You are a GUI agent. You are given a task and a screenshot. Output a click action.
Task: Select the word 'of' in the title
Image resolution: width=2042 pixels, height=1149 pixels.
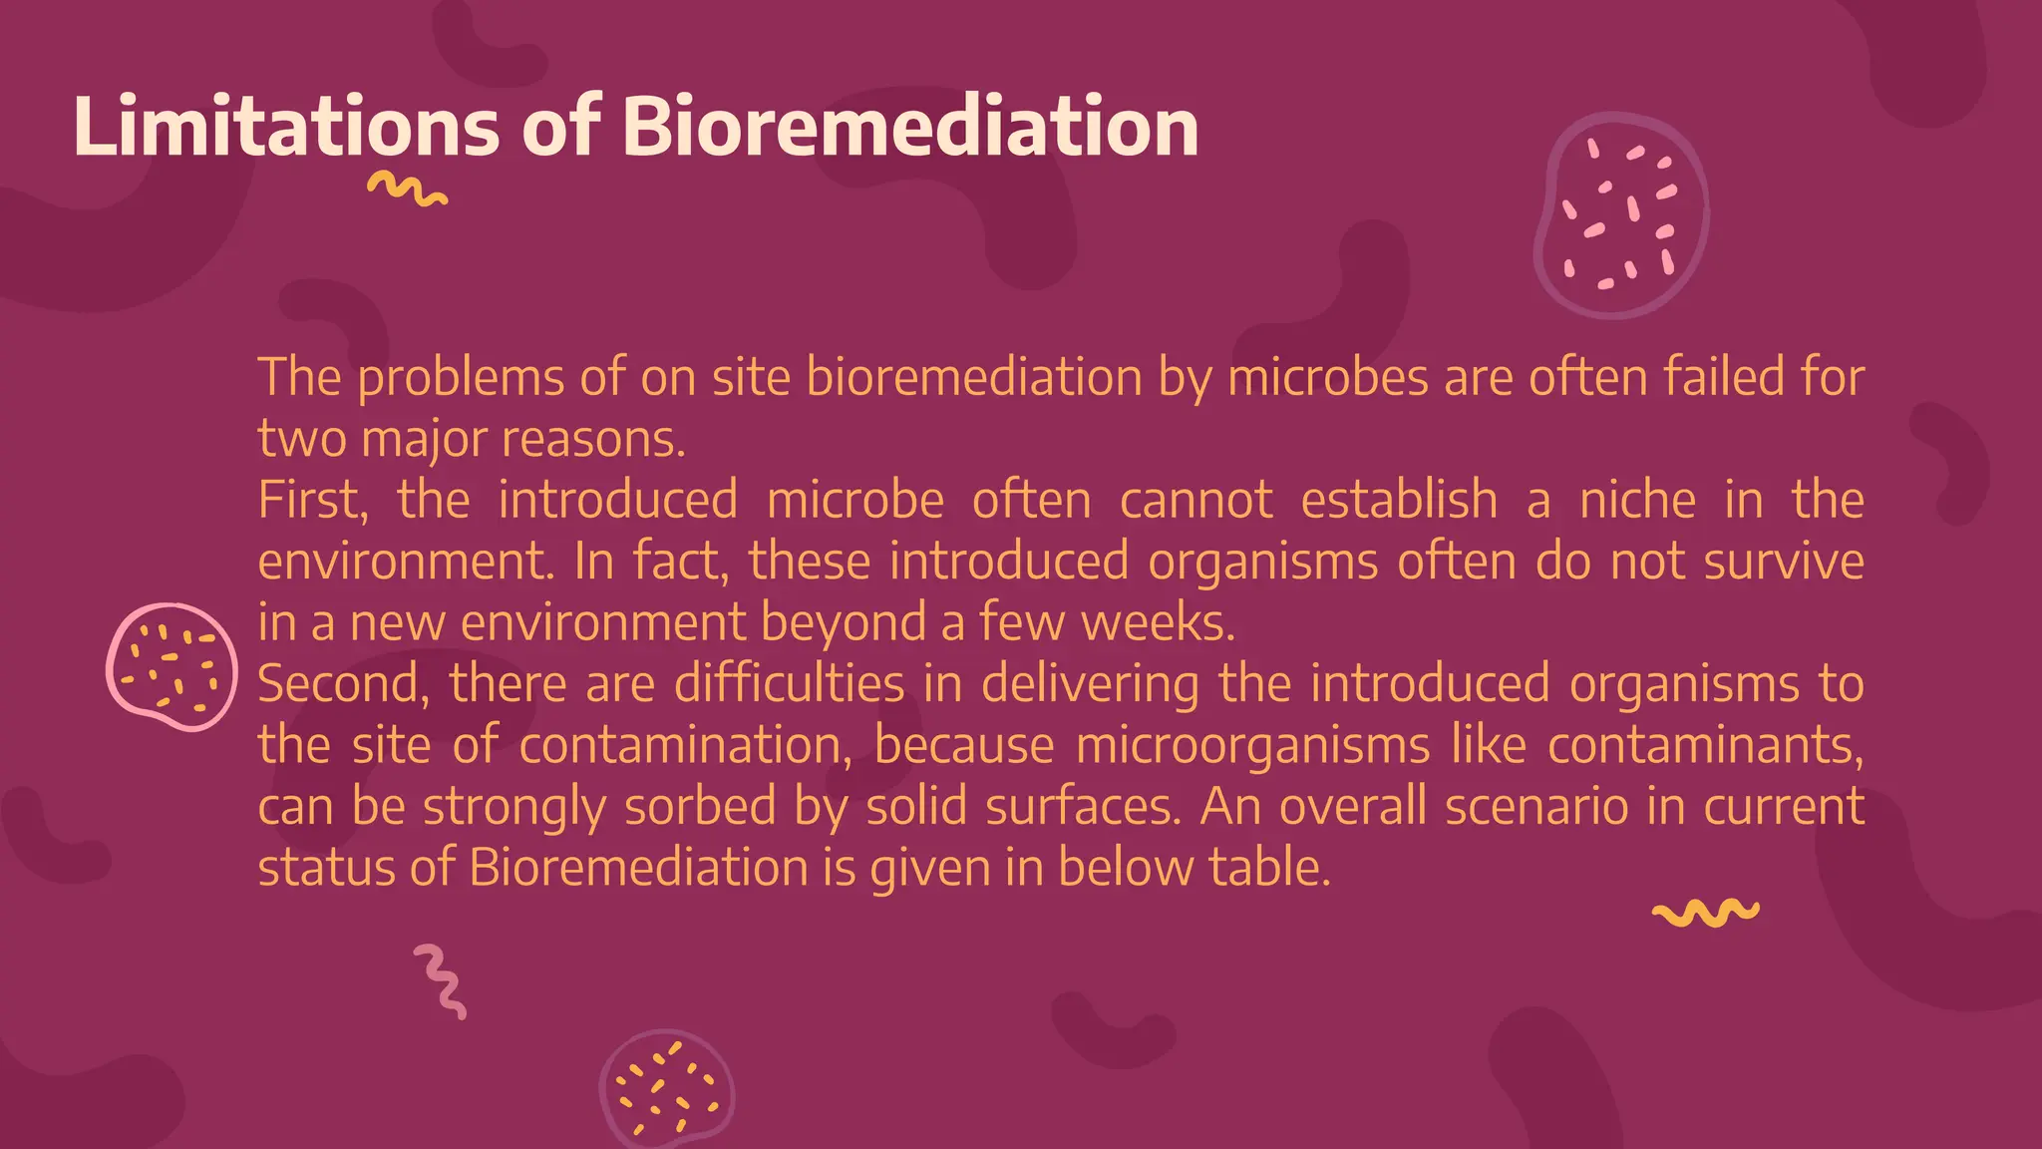(561, 127)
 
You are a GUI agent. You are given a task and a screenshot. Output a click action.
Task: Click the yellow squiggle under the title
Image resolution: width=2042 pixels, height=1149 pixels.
(407, 189)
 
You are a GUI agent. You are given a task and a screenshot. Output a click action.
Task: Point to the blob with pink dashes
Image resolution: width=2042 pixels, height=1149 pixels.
(1620, 214)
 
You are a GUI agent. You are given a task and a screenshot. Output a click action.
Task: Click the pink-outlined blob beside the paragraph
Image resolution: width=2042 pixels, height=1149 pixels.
(171, 666)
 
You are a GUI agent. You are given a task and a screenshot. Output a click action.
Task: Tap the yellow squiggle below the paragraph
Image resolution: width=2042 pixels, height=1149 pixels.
(1705, 913)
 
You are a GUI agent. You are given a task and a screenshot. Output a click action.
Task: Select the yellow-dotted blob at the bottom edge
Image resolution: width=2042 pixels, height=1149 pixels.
(666, 1089)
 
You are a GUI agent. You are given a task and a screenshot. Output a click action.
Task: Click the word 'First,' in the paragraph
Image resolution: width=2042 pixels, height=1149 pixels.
(313, 500)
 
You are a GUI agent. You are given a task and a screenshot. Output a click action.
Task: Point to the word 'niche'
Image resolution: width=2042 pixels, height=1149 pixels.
(1637, 500)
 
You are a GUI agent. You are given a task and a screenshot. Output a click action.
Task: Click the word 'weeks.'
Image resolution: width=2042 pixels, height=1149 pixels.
(1159, 622)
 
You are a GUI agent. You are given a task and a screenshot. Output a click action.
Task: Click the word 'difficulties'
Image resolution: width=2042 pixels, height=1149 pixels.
(789, 684)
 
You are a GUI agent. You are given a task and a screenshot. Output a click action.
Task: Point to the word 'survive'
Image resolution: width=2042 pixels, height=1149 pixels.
(1784, 562)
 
